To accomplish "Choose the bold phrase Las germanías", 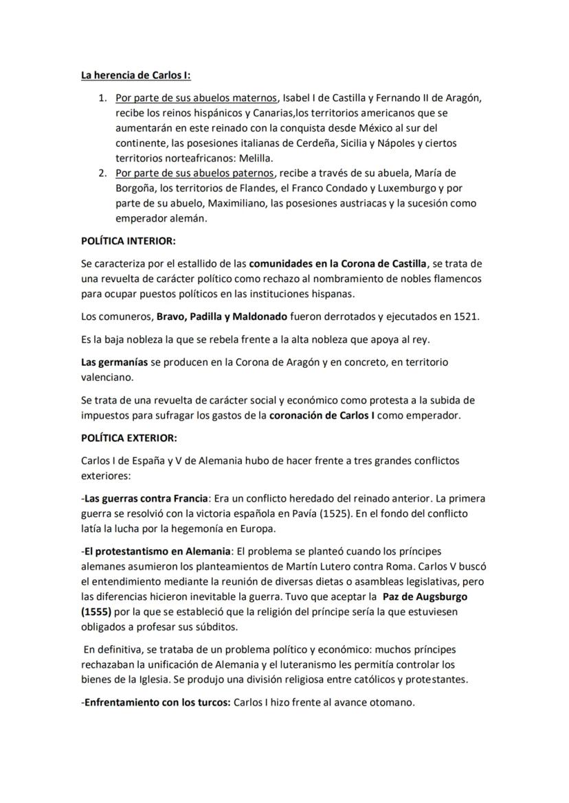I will (114, 362).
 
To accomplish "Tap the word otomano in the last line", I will (390, 702).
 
